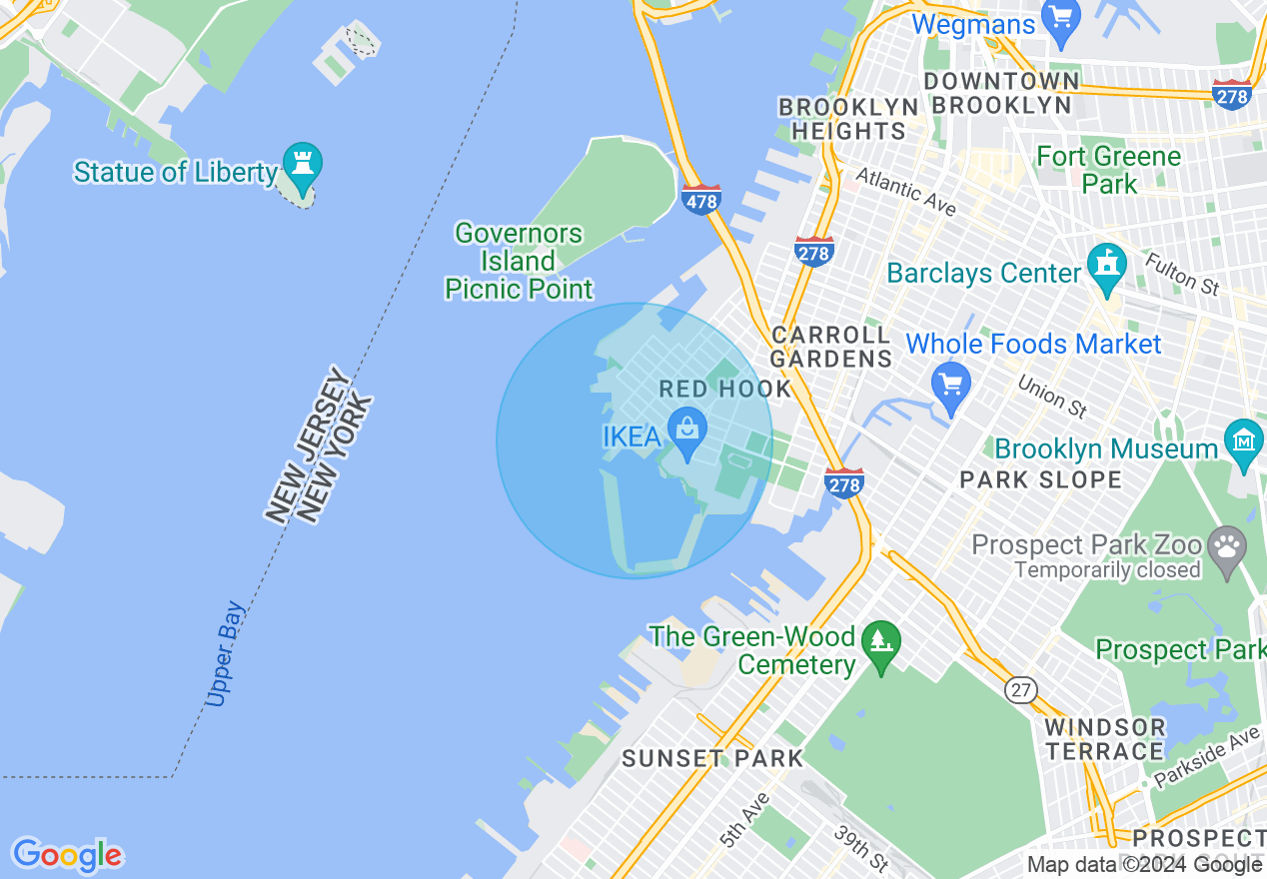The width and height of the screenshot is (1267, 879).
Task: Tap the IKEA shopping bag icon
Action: [687, 429]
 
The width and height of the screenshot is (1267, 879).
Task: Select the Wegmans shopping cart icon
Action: [1061, 16]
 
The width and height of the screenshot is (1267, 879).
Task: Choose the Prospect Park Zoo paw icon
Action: [1226, 545]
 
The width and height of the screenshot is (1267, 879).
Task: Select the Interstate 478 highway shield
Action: [702, 199]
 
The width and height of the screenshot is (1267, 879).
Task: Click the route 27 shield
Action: [1021, 689]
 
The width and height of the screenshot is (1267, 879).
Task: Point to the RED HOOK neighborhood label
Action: [725, 389]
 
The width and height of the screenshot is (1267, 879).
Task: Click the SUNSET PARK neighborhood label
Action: [712, 758]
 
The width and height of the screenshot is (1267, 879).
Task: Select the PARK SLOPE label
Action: [1040, 480]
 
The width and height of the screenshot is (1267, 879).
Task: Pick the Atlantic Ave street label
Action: [906, 191]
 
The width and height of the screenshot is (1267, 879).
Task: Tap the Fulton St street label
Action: [1182, 273]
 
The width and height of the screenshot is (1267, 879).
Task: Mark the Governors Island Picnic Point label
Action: [519, 262]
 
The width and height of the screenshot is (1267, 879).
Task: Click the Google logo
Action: [67, 855]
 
